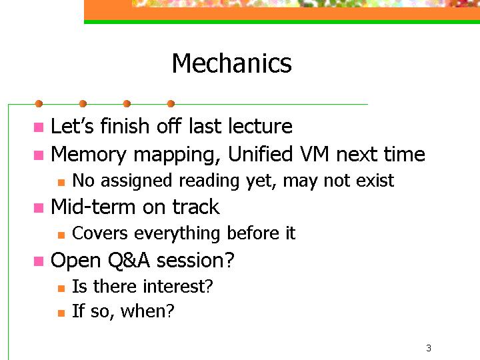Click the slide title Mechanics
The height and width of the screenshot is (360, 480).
coord(232,63)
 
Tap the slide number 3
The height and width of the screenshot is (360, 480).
coord(429,348)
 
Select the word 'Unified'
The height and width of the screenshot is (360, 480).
coord(261,154)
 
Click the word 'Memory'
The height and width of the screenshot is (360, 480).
coord(89,155)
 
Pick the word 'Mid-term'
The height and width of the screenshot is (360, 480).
coord(93,207)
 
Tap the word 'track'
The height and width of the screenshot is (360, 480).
coord(196,207)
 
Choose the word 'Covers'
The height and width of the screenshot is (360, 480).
coord(100,233)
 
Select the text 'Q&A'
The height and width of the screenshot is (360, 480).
coord(129,261)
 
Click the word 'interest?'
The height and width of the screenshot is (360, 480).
coord(178,286)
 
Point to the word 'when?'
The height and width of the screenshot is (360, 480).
coord(147,311)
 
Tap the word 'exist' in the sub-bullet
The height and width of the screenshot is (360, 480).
coord(375,180)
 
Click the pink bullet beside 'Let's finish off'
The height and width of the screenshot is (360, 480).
coord(39,127)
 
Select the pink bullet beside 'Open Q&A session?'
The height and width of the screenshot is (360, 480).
coord(39,261)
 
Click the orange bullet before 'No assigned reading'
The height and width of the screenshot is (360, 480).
coord(61,183)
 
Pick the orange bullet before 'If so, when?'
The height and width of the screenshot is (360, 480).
coord(61,313)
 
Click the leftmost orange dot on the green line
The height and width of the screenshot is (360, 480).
coord(39,104)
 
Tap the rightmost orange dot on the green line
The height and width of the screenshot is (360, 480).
coord(171,104)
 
